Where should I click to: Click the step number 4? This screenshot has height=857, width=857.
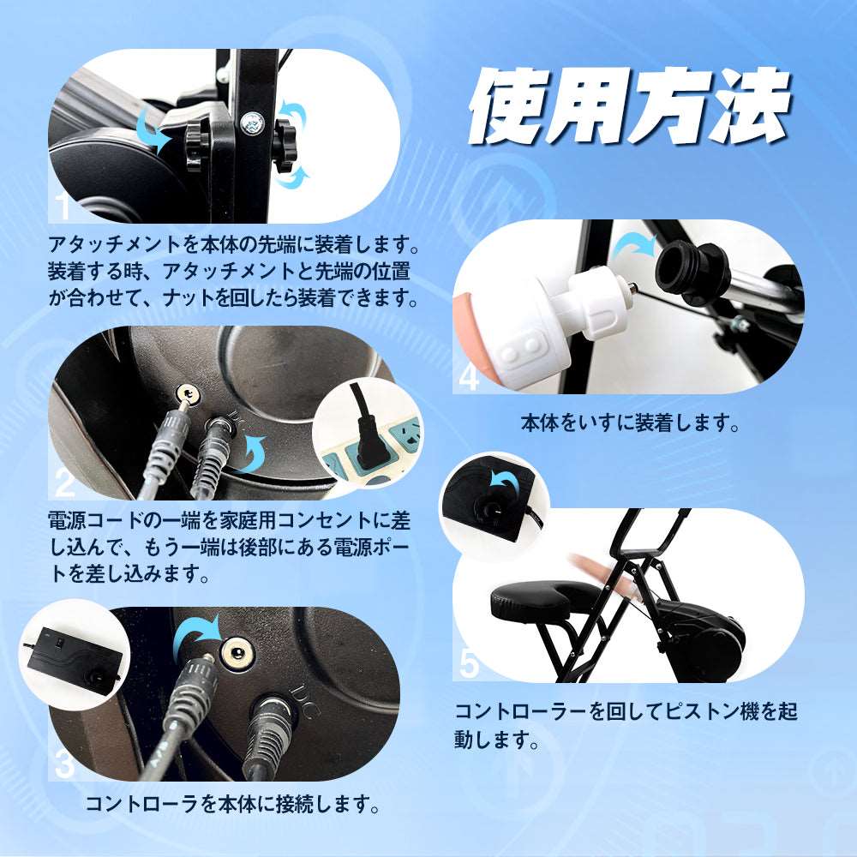[470, 377]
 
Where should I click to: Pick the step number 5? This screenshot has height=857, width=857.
[470, 662]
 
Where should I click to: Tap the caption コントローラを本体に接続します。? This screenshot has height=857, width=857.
[231, 805]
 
